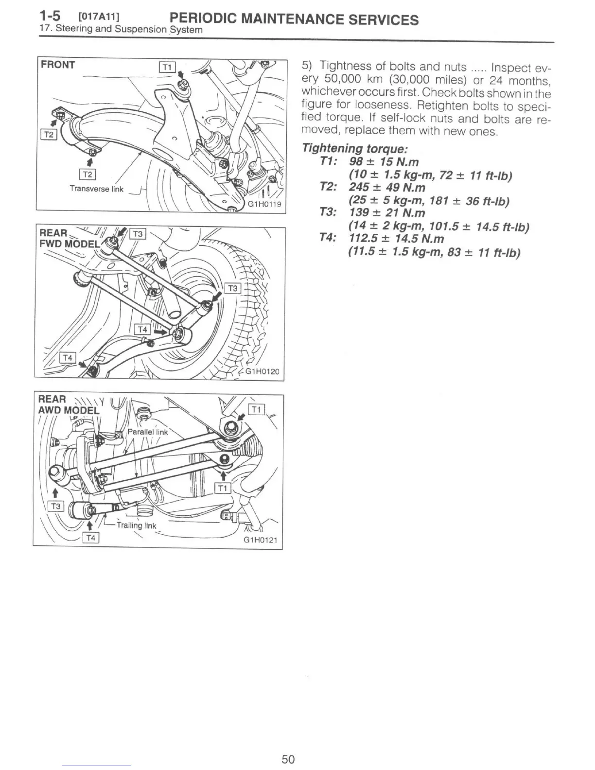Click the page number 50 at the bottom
[x=288, y=759]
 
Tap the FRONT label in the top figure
[x=58, y=65]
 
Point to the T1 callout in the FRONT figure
[x=167, y=68]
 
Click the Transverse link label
[x=96, y=189]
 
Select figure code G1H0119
[x=265, y=204]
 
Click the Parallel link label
[x=147, y=432]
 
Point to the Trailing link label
[x=137, y=525]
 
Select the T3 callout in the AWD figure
[x=56, y=506]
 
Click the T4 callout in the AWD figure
[x=91, y=537]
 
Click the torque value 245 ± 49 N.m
[x=387, y=187]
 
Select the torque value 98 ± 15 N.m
[x=384, y=161]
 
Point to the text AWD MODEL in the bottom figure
[x=69, y=410]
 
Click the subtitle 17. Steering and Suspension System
[x=121, y=29]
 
